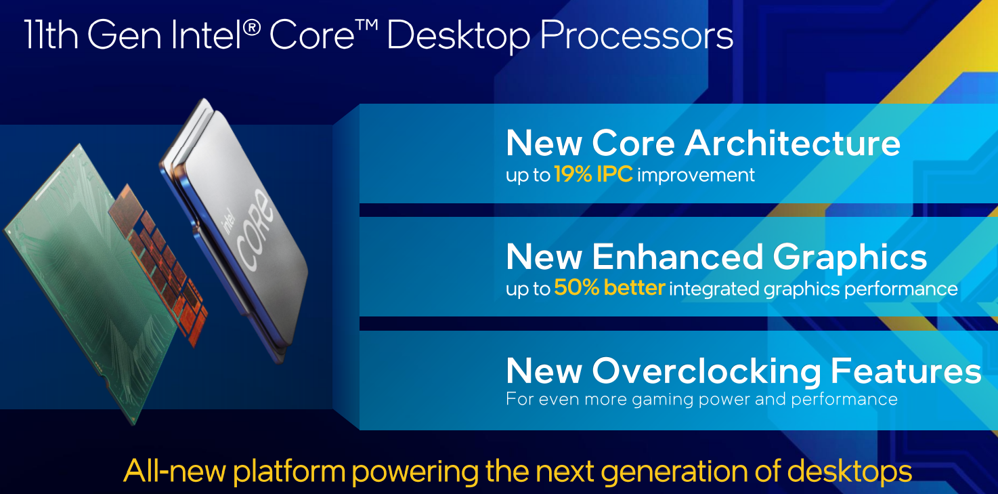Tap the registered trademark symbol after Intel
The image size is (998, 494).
tap(252, 28)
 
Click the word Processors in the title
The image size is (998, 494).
tap(636, 36)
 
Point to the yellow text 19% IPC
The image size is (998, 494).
tap(593, 174)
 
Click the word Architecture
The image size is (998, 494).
tap(792, 144)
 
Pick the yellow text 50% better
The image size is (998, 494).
tap(609, 287)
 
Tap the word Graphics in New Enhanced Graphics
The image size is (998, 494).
tap(850, 258)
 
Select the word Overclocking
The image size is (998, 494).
tap(706, 371)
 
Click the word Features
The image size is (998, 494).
tap(906, 371)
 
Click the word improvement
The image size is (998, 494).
tap(696, 175)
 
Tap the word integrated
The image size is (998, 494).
tap(714, 289)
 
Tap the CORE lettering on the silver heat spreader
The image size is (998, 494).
tap(255, 230)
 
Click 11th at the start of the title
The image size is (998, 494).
tap(51, 35)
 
